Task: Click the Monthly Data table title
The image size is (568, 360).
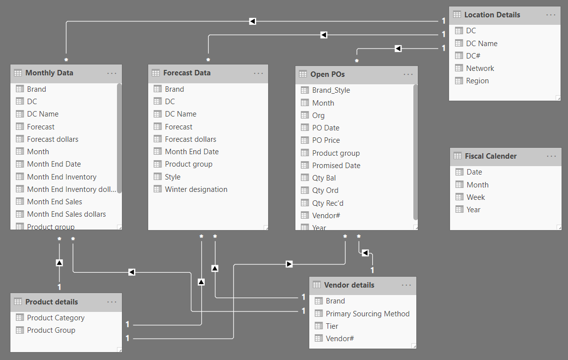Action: [49, 73]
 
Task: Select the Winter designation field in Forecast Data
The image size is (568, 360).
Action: [196, 189]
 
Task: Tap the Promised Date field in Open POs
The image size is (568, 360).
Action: [336, 166]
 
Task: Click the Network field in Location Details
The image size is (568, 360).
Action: [480, 68]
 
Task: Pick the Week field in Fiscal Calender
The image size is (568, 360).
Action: [475, 197]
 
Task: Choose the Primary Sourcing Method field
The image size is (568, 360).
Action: [367, 314]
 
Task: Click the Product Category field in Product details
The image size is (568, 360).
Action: [56, 318]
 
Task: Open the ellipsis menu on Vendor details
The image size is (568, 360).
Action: [406, 285]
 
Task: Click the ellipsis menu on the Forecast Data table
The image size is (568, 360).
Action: [259, 73]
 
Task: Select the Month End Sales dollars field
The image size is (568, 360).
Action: [66, 214]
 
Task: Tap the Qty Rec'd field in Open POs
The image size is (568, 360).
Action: [328, 203]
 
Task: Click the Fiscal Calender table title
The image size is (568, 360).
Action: [491, 156]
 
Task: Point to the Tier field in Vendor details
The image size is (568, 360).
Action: [332, 326]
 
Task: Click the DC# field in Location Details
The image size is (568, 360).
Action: [473, 56]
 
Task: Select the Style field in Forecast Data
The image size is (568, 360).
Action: [172, 177]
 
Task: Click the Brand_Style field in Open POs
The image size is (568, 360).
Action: [331, 90]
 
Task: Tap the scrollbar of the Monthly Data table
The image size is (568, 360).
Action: [119, 139]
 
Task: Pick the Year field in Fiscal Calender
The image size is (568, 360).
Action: [473, 210]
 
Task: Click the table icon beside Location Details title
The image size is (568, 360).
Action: [457, 15]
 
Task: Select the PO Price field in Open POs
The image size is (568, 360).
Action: [326, 140]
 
